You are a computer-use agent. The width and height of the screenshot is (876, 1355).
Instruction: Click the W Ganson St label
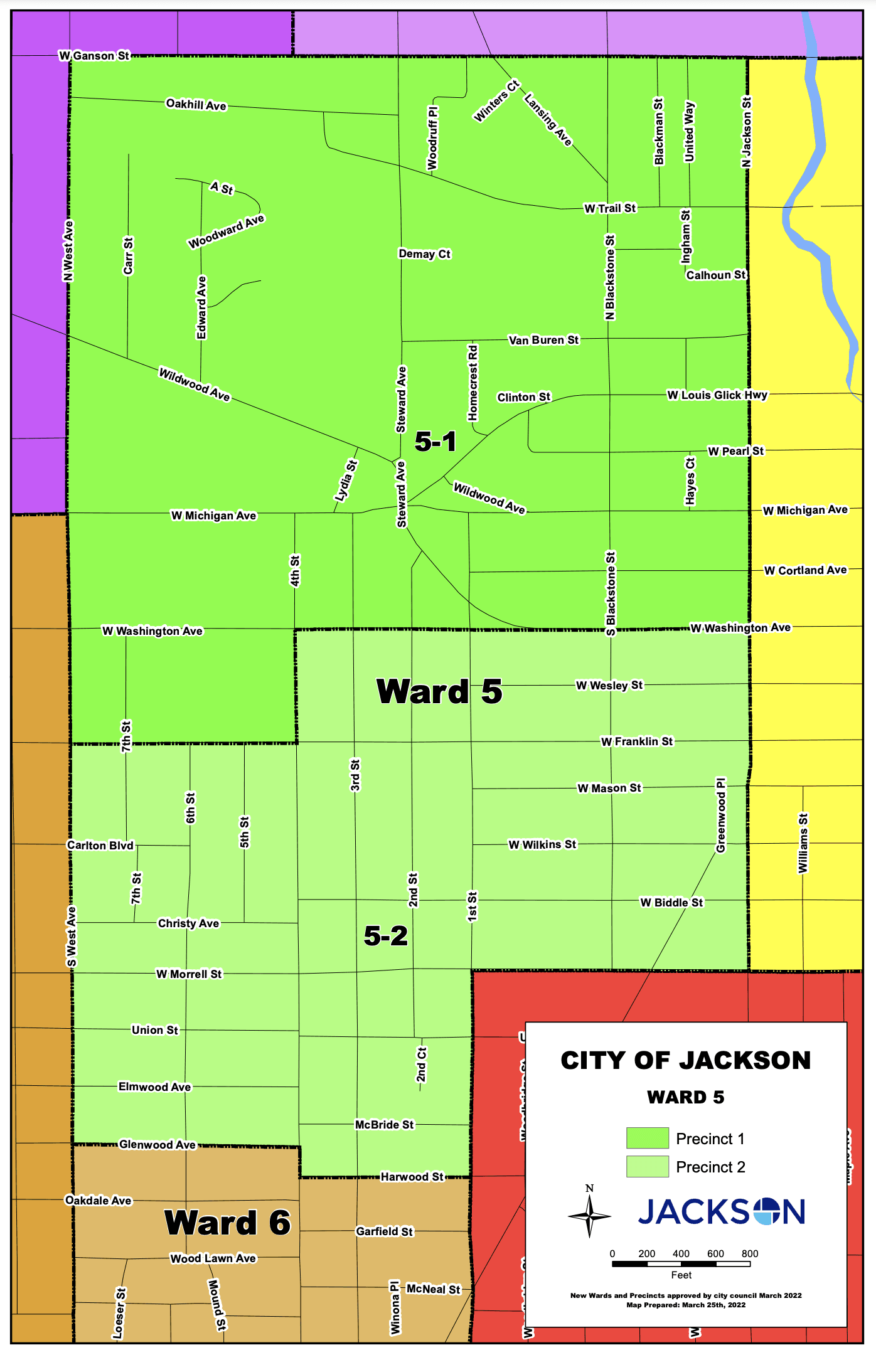point(94,56)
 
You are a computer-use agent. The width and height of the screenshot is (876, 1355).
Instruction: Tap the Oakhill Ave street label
point(196,104)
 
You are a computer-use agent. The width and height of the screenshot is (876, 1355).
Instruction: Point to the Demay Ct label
point(424,254)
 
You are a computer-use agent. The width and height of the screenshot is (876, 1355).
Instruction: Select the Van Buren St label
point(543,340)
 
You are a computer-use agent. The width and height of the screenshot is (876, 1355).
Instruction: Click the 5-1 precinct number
point(435,442)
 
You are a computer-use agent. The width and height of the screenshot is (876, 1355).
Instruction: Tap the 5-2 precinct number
point(385,936)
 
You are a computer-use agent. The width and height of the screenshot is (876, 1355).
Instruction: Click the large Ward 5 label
point(439,691)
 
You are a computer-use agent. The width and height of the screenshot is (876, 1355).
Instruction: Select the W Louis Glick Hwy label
point(717,395)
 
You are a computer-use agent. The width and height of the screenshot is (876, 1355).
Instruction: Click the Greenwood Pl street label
point(721,816)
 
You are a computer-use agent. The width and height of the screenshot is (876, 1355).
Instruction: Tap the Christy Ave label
point(188,923)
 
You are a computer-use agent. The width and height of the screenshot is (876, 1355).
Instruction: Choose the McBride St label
point(384,1125)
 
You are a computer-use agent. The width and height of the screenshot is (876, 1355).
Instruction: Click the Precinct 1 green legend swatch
point(647,1138)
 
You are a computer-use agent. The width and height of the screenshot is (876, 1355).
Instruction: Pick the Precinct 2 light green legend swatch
point(647,1166)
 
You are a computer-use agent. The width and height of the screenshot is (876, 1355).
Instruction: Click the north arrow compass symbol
point(589,1216)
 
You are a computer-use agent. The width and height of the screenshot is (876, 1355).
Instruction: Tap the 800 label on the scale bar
point(749,1253)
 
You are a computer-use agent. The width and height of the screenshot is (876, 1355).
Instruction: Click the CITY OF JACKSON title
point(685,1060)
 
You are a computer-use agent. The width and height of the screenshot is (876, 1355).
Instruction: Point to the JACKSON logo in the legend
point(722,1211)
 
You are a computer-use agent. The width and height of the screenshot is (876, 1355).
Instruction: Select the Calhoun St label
point(715,275)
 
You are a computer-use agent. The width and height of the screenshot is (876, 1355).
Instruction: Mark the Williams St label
point(803,842)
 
